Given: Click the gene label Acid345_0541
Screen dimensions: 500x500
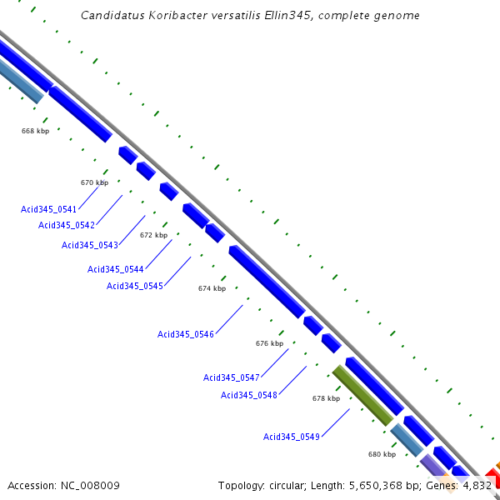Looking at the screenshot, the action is [49, 209].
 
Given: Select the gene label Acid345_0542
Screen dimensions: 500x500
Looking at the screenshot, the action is [67, 225].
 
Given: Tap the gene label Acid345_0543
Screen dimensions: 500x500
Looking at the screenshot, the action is [90, 245].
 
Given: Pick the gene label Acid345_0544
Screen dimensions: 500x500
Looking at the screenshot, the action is [116, 269].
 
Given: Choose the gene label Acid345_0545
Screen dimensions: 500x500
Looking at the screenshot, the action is [135, 287].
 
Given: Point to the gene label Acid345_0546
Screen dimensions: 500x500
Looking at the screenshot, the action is [186, 334].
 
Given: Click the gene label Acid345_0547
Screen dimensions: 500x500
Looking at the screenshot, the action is [232, 377].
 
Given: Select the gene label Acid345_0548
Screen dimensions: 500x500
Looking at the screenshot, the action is [249, 395].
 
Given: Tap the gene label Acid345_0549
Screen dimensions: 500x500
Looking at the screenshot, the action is [292, 437].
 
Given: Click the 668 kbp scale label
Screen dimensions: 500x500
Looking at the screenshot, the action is [36, 131].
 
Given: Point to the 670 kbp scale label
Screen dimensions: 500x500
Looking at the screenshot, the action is [94, 182].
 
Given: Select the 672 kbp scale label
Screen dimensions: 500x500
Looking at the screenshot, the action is [153, 235].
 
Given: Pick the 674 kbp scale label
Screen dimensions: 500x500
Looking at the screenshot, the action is [212, 288].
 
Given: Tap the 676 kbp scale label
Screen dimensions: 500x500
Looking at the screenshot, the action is [269, 343].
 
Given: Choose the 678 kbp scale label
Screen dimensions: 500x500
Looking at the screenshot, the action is [326, 398].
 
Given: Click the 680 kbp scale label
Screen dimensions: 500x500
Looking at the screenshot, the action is [382, 454].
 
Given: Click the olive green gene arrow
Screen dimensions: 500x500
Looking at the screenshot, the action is [362, 395].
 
